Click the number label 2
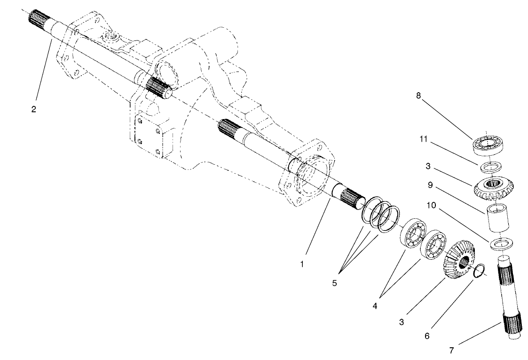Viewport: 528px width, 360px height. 34,109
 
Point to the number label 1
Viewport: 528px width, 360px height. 302,264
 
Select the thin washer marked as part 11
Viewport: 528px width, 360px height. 491,166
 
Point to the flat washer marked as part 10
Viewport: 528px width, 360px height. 501,244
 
